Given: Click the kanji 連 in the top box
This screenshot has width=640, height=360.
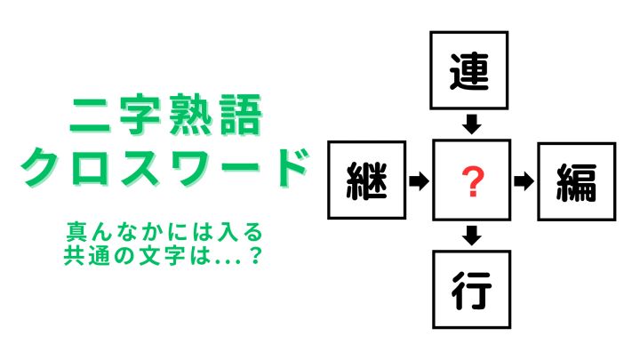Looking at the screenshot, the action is click(x=469, y=72).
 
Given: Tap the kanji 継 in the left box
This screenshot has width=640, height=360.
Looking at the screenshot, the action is click(x=366, y=180).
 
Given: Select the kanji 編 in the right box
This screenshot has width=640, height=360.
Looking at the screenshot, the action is click(x=577, y=182).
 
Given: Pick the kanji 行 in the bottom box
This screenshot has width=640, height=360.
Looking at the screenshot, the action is click(x=471, y=290).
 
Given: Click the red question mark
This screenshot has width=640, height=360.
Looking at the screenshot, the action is click(x=472, y=181).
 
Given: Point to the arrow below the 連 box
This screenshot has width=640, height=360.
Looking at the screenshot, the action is click(x=472, y=124).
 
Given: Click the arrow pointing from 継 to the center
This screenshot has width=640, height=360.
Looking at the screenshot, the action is click(x=420, y=180).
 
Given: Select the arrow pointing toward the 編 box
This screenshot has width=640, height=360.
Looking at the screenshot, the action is click(x=524, y=180).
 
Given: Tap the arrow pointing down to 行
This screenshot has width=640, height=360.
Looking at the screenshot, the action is click(x=472, y=236).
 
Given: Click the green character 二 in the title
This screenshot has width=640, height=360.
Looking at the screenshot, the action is click(x=90, y=116).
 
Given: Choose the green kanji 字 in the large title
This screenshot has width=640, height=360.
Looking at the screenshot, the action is click(x=140, y=115).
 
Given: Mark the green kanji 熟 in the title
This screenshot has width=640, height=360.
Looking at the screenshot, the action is click(x=189, y=115).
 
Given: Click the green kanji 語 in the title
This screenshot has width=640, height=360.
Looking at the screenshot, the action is click(x=241, y=115).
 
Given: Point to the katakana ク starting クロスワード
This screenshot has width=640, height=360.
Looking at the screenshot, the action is click(x=41, y=167).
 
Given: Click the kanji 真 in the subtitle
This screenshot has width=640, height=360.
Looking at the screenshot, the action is click(x=76, y=232).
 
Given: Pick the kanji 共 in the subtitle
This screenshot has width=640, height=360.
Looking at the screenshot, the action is click(x=74, y=256).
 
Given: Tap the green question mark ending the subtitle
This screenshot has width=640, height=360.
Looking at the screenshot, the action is click(x=255, y=256).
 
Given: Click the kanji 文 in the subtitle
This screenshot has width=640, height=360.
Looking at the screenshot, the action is click(x=149, y=256).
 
